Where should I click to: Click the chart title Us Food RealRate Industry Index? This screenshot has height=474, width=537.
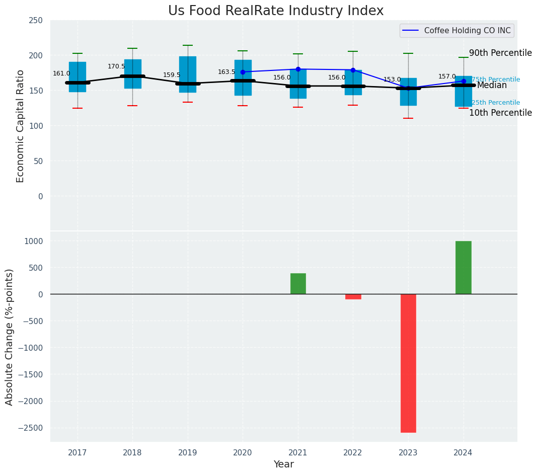click(x=276, y=11)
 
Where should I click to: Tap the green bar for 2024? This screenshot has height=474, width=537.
click(x=463, y=268)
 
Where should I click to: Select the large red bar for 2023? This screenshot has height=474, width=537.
click(x=408, y=363)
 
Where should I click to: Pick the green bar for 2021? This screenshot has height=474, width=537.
click(x=298, y=284)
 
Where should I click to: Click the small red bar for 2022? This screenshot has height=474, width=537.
click(x=353, y=297)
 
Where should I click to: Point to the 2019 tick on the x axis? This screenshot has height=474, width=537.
click(x=188, y=452)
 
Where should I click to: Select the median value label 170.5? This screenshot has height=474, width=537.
click(x=116, y=66)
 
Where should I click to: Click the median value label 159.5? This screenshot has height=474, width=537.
click(x=172, y=75)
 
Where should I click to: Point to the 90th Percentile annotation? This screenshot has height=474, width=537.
click(x=500, y=53)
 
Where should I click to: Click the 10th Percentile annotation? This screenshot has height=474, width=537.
click(x=500, y=113)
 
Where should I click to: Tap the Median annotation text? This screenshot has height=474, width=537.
click(x=492, y=86)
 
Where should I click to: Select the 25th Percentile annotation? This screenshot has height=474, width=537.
click(x=496, y=103)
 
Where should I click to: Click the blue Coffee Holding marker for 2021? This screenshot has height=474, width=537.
click(x=298, y=69)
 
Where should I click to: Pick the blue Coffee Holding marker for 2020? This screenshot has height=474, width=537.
click(x=243, y=72)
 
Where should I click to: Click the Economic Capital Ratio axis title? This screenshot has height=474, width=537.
click(x=20, y=126)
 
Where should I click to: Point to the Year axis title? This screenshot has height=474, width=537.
click(x=283, y=464)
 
